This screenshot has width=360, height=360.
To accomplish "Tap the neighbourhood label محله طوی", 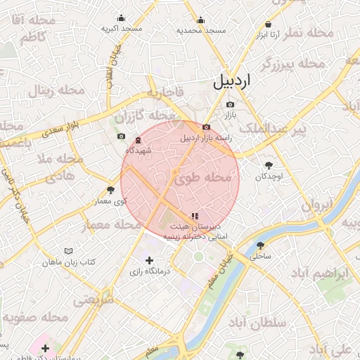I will pyautogui.click(x=202, y=179).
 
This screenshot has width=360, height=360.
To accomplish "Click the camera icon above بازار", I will pyautogui.click(x=230, y=105).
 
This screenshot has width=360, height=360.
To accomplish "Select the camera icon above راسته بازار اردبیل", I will pyautogui.click(x=205, y=127).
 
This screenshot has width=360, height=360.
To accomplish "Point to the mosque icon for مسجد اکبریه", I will pyautogui.click(x=122, y=18).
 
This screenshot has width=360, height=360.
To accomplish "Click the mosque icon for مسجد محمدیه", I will pyautogui.click(x=201, y=20).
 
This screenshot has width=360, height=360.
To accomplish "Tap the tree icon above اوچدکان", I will pyautogui.click(x=269, y=166).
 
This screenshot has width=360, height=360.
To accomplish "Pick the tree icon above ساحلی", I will pyautogui.click(x=261, y=246).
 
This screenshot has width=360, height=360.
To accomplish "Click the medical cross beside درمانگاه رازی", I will pyautogui.click(x=149, y=262).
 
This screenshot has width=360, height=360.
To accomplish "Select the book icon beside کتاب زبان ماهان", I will pyautogui.click(x=68, y=251).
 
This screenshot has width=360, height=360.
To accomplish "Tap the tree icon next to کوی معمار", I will pyautogui.click(x=110, y=190).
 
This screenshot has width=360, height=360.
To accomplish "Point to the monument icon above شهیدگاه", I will pyautogui.click(x=138, y=140).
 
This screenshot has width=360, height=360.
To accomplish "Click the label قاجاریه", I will pyautogui.click(x=165, y=92).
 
